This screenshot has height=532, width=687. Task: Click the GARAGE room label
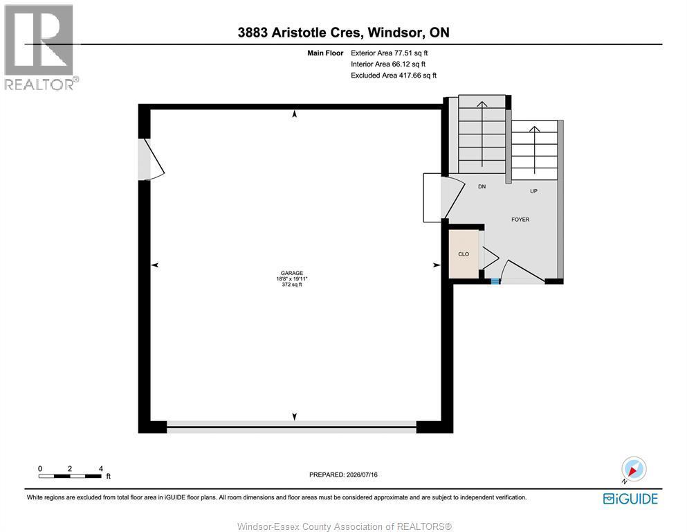pyautogui.click(x=292, y=273)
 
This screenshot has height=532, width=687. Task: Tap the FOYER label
pyautogui.click(x=520, y=220)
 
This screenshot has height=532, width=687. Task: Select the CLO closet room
pyautogui.click(x=464, y=254)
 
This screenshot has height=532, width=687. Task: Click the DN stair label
pyautogui.click(x=482, y=186)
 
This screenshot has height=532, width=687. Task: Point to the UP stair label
pyautogui.click(x=533, y=191)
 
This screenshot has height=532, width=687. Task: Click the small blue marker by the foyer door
pyautogui.click(x=495, y=281)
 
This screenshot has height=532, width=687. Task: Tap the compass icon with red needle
pyautogui.click(x=634, y=470)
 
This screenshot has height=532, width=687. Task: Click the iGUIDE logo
pyautogui.click(x=630, y=499)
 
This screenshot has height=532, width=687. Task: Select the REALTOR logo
pyautogui.click(x=42, y=47)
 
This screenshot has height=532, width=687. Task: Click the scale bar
pyautogui.click(x=70, y=476)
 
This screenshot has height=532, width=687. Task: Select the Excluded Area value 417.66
pyautogui.click(x=410, y=76)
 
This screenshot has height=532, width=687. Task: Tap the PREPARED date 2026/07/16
pyautogui.click(x=362, y=475)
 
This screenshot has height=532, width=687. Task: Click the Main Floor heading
pyautogui.click(x=325, y=53)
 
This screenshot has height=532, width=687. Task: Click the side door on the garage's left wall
pyautogui.click(x=151, y=159)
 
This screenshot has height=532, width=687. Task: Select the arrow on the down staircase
pyautogui.click(x=482, y=134)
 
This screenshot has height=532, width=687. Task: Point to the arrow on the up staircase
pyautogui.click(x=535, y=150)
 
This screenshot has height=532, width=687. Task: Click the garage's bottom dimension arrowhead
pyautogui.click(x=295, y=416)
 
